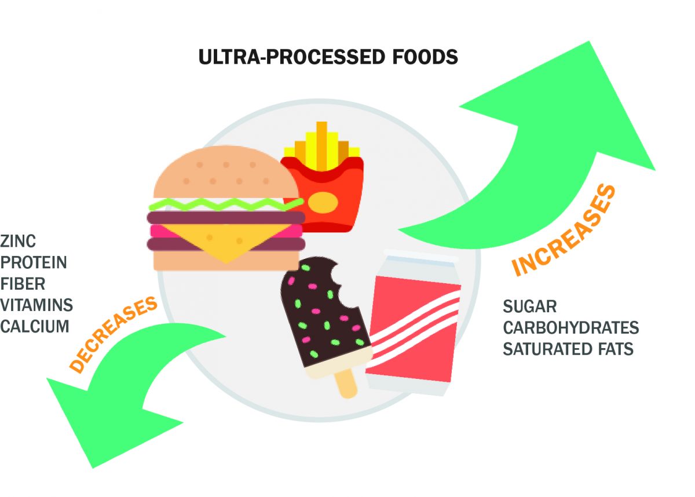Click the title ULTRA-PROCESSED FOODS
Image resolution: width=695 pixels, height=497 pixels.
[x=328, y=57]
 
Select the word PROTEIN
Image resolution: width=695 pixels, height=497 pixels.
[x=34, y=262]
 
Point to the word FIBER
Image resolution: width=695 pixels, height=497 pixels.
[x=23, y=284]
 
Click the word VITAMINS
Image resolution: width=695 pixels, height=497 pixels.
[x=36, y=305]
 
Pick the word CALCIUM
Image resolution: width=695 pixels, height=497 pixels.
[x=35, y=326]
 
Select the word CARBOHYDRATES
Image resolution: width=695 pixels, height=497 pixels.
[x=570, y=328]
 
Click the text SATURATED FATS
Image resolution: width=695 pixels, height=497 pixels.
[x=568, y=349]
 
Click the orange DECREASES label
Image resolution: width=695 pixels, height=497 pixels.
[x=114, y=334]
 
